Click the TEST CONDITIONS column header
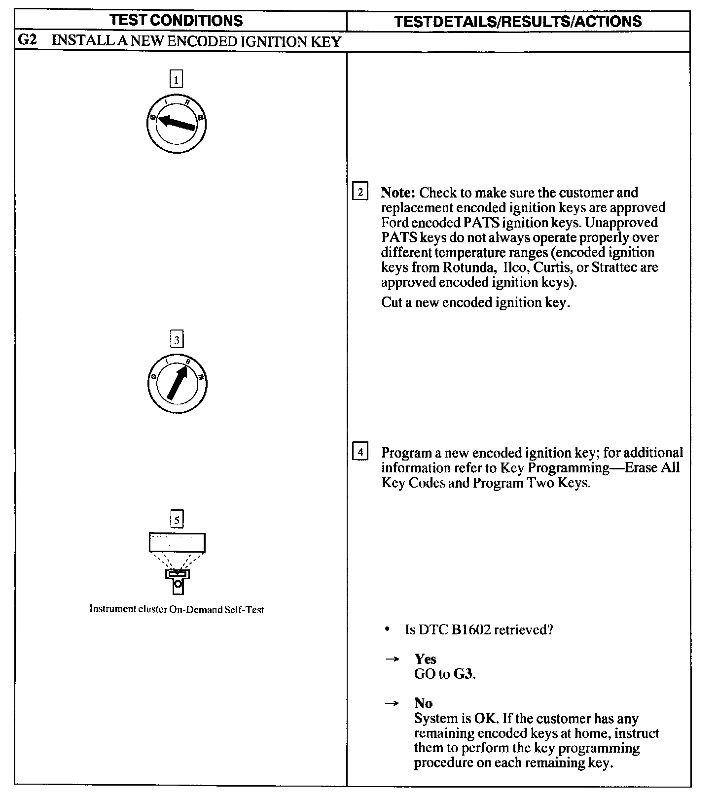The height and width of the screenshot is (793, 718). [176, 21]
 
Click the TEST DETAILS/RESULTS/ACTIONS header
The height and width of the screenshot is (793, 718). [518, 21]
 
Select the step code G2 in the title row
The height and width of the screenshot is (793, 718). [28, 40]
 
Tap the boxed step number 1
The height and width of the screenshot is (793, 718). [176, 79]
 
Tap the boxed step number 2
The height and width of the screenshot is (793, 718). [360, 192]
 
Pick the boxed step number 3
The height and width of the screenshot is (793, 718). [177, 339]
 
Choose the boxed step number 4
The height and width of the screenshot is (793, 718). [360, 452]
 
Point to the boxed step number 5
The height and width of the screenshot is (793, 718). [177, 519]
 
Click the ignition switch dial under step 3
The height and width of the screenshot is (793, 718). [177, 383]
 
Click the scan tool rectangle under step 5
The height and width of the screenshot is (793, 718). [177, 543]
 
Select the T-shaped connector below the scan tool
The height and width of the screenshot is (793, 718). [177, 581]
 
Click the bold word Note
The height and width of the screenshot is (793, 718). [398, 193]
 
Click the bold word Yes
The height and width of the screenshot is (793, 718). [425, 659]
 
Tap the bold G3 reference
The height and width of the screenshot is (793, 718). [463, 674]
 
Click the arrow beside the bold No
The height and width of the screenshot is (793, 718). [392, 704]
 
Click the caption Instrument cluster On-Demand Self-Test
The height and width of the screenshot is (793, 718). [177, 610]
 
